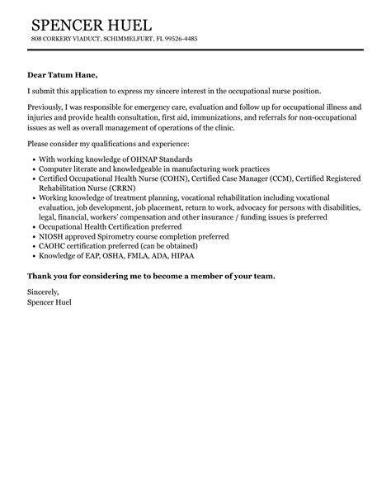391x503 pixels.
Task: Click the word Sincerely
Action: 44,292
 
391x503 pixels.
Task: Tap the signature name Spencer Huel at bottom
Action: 49,302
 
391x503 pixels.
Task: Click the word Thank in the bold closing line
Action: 40,275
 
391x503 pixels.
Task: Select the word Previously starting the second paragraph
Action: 48,107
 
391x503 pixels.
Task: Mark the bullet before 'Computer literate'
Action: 32,168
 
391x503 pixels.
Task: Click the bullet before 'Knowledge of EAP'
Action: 32,256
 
